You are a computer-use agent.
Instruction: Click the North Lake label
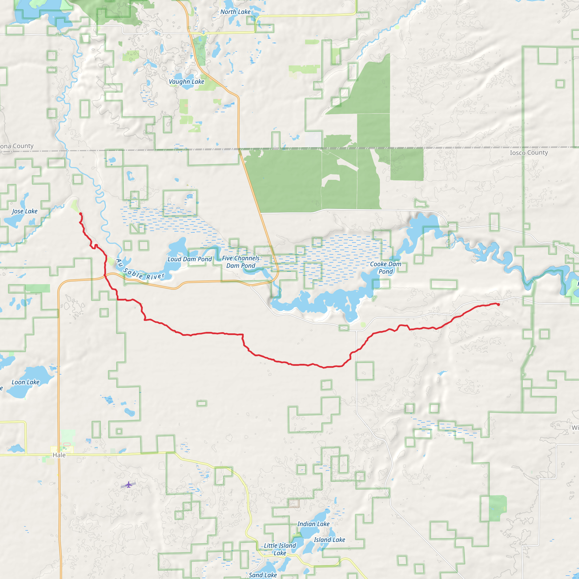235,12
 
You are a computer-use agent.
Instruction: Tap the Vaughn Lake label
186,81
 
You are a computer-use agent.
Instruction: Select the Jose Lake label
25,211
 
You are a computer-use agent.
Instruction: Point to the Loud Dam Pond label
189,259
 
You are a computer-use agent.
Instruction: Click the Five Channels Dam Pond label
241,262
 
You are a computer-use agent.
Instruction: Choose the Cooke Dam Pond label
385,268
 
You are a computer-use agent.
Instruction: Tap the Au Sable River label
140,271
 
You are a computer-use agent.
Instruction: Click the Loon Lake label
25,382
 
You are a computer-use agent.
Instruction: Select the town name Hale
59,455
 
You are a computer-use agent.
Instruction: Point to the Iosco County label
529,153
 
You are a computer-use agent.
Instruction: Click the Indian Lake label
313,524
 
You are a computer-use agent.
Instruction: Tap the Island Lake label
329,540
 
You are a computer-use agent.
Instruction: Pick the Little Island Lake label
280,549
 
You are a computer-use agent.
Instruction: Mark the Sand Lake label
263,575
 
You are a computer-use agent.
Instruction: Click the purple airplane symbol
129,485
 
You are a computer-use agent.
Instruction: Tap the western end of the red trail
81,214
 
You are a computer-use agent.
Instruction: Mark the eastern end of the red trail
498,304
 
